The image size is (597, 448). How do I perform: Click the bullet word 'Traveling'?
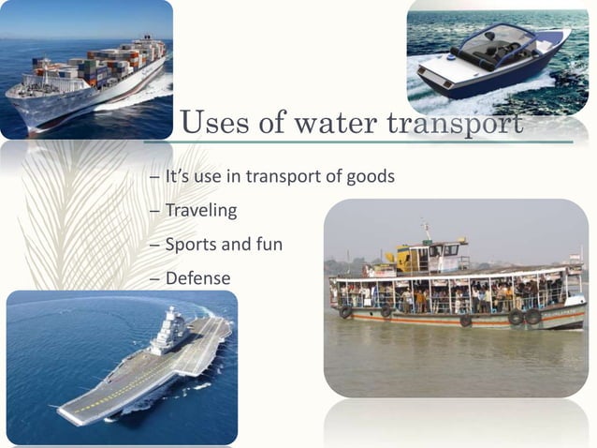[200, 210]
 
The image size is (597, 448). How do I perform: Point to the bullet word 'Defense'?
[197, 278]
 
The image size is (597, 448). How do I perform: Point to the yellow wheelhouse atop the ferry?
[428, 256]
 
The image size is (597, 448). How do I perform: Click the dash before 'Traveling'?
[154, 211]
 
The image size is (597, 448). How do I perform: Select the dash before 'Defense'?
[154, 279]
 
